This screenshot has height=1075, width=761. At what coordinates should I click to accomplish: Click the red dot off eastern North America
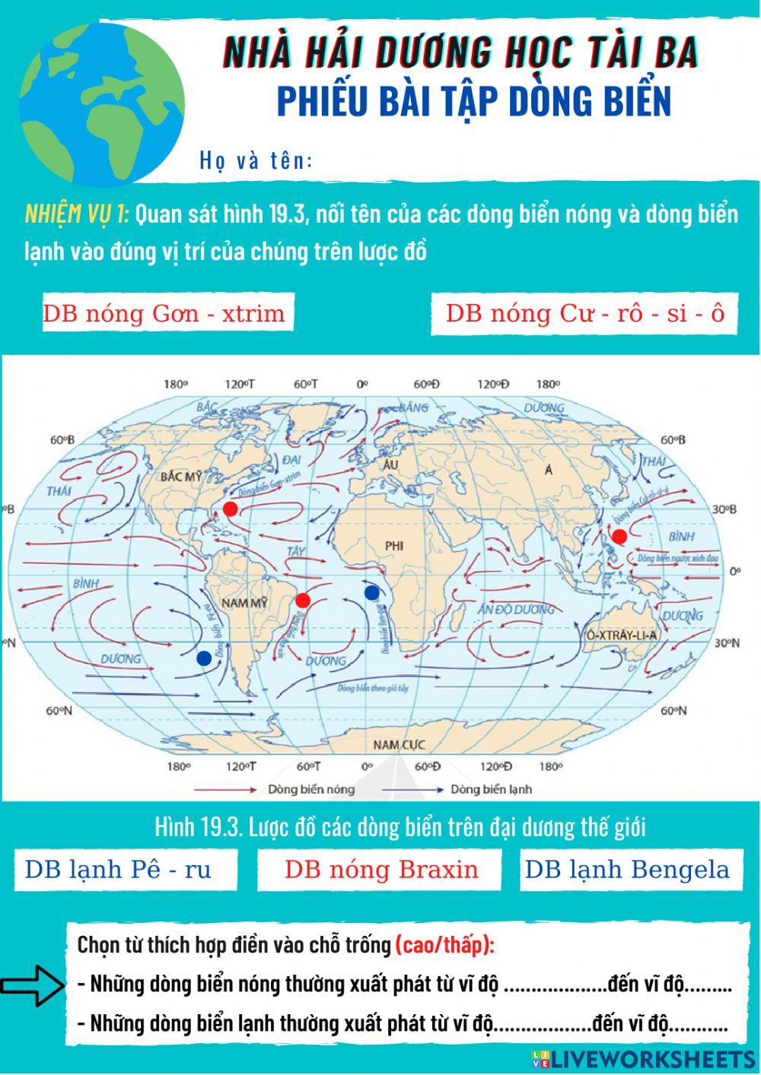click(230, 508)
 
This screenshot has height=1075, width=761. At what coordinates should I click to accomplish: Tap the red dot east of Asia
click(619, 536)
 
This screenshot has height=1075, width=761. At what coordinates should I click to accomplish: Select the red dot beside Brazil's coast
click(303, 601)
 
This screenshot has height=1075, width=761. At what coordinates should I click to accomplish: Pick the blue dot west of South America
click(204, 658)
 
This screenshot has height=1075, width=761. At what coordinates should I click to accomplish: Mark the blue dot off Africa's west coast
click(372, 592)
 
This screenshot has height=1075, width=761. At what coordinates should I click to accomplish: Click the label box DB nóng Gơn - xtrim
click(164, 313)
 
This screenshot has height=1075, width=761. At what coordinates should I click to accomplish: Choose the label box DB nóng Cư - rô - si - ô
click(584, 313)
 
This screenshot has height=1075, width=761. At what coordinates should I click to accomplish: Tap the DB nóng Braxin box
click(380, 870)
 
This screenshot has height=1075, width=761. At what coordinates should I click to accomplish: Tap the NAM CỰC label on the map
click(399, 744)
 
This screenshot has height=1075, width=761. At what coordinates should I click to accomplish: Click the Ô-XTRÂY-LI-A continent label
click(621, 635)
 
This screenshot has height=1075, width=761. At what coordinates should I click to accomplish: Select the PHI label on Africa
click(393, 545)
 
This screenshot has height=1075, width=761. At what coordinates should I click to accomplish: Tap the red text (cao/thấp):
click(445, 945)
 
